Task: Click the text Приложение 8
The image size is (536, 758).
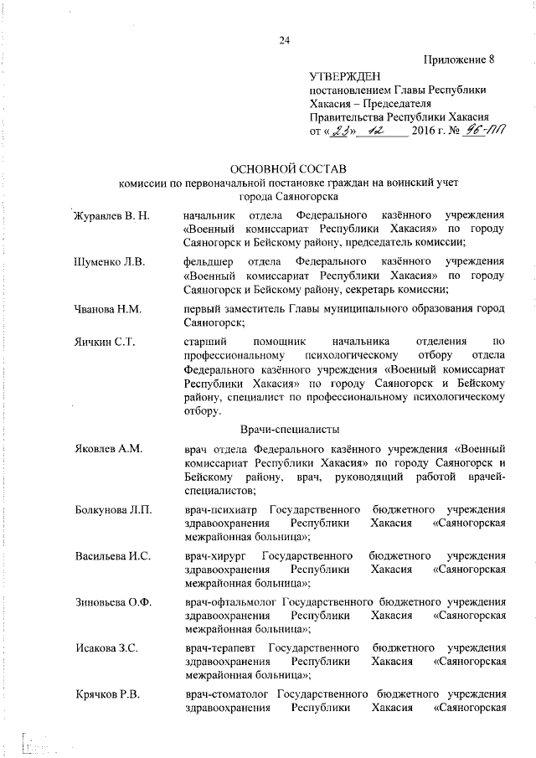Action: tap(464, 59)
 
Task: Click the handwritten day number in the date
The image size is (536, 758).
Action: tap(339, 131)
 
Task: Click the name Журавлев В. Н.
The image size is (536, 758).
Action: tap(111, 216)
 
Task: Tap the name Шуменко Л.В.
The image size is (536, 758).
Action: tap(110, 262)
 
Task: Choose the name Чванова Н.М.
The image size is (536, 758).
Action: tap(108, 308)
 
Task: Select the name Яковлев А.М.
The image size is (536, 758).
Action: tap(107, 449)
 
